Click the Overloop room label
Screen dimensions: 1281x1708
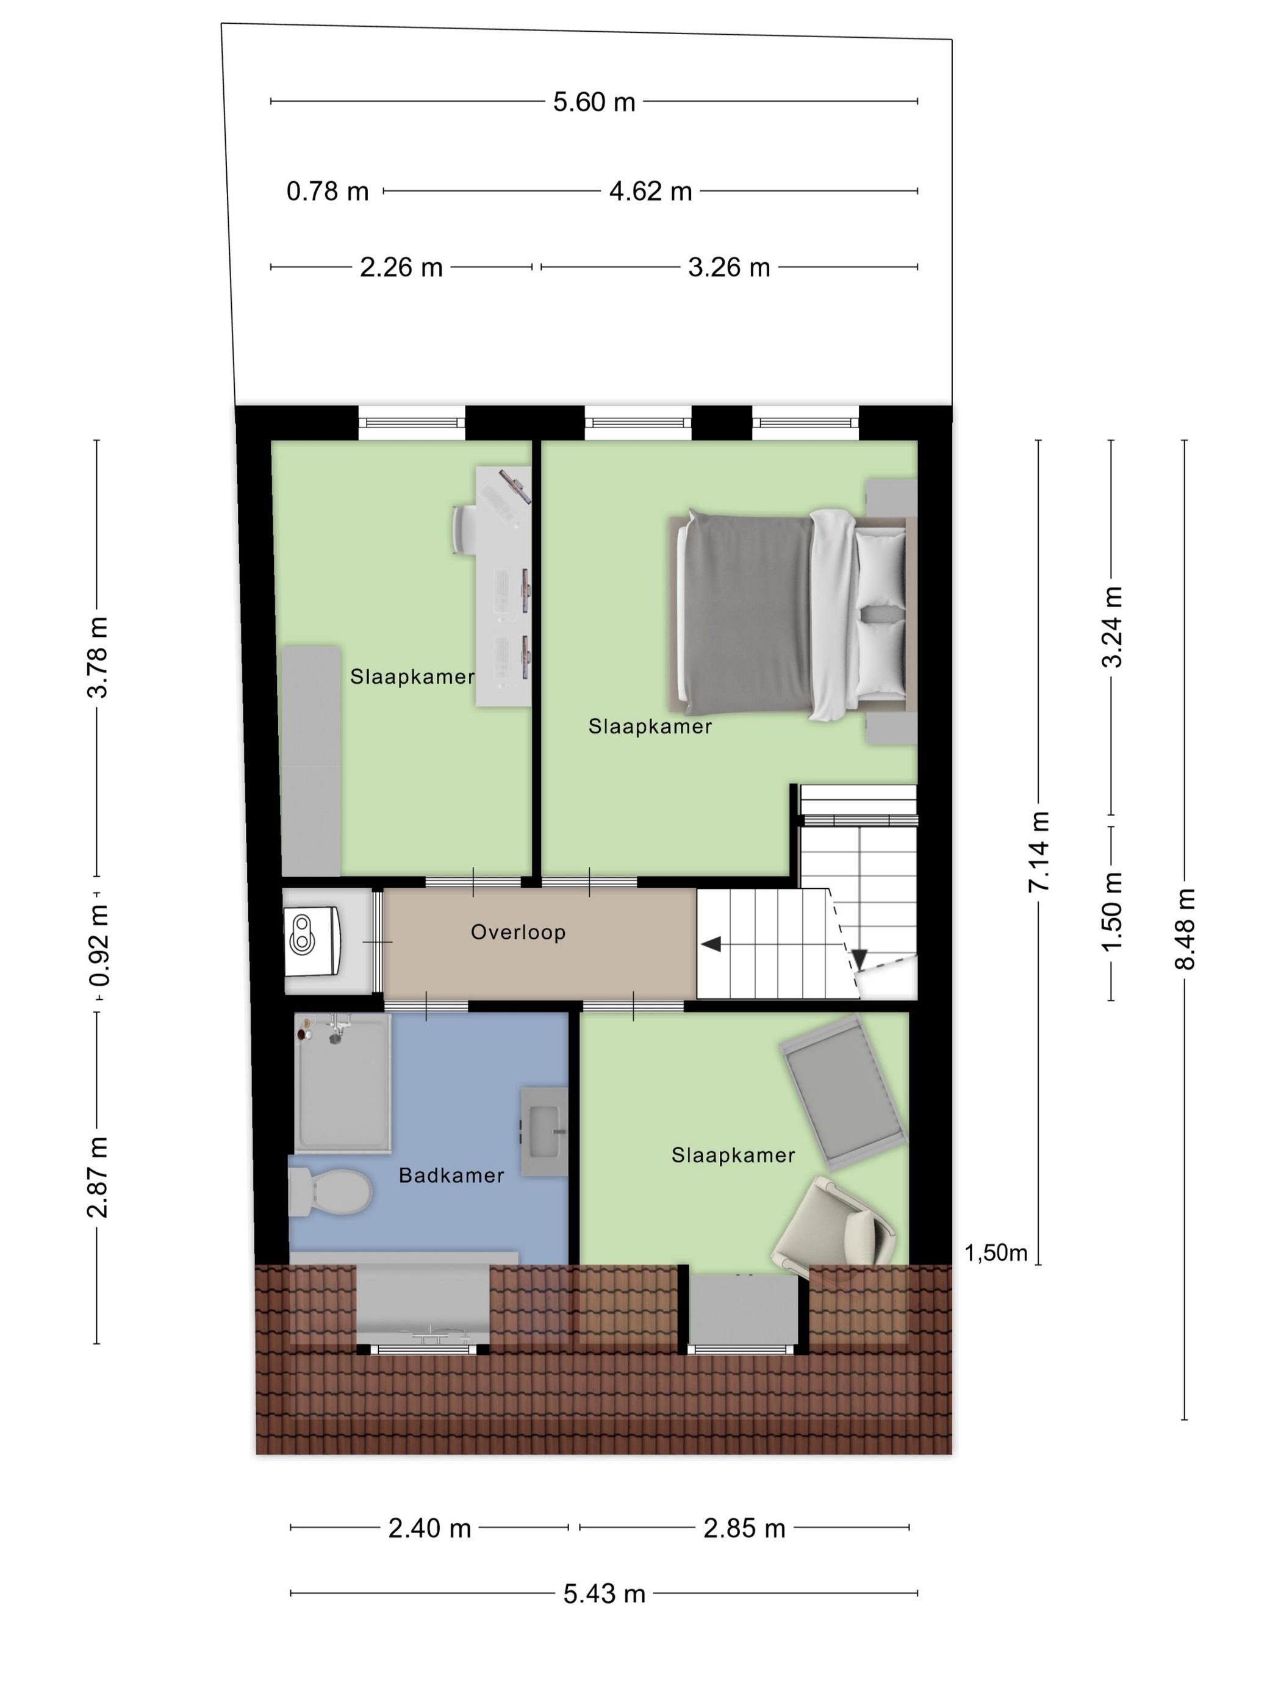tap(518, 932)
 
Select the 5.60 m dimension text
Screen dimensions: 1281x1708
tap(594, 102)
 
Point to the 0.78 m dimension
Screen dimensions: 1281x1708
tap(328, 191)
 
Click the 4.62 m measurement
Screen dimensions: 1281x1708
tap(650, 191)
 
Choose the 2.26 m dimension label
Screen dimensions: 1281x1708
tap(401, 267)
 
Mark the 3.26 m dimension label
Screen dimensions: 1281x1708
tap(729, 267)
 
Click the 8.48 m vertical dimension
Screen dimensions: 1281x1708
tap(1185, 929)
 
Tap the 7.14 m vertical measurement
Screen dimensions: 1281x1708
tap(1039, 852)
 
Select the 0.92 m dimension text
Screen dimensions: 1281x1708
tap(98, 946)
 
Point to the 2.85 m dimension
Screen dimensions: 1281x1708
tap(744, 1528)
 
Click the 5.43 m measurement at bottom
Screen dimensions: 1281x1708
tap(604, 1594)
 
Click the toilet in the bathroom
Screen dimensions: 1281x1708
tap(331, 1191)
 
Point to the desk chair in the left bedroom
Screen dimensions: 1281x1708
tap(465, 529)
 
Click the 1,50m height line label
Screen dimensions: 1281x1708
tap(996, 1252)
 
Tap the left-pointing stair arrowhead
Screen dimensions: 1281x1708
tap(711, 944)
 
